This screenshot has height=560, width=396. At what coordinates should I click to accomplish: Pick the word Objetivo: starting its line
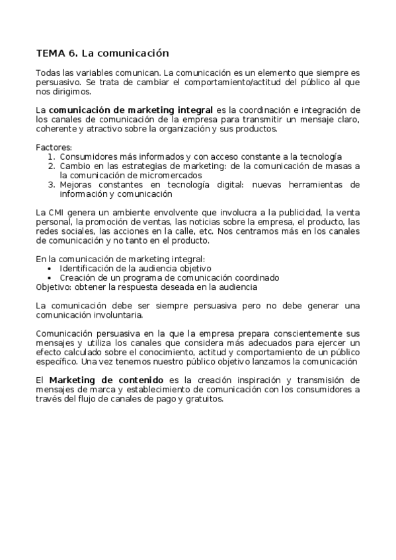(x=54, y=287)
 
